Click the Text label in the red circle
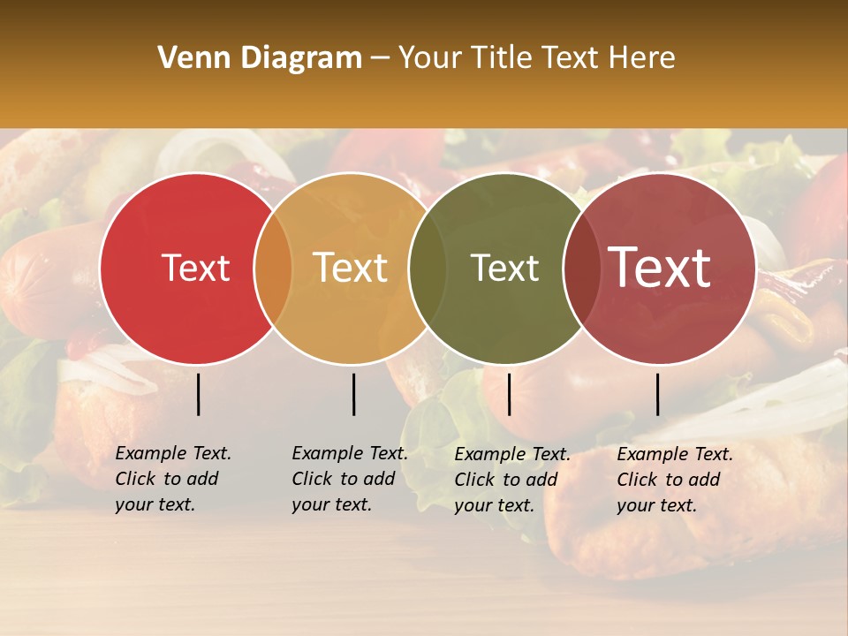[x=195, y=268]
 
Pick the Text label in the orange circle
[x=350, y=268]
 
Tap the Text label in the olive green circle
[x=504, y=268]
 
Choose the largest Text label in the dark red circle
[x=659, y=268]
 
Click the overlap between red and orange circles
[x=273, y=268]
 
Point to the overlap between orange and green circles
[x=428, y=268]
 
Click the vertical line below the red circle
[x=198, y=394]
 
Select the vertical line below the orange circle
[x=353, y=394]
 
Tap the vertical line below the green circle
[x=509, y=394]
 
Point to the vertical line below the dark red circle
[x=657, y=394]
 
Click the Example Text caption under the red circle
[x=172, y=479]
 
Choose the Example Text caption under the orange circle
[x=349, y=479]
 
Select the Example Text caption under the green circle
[x=511, y=480]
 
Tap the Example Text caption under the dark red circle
[x=674, y=480]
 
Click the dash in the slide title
[x=381, y=59]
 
